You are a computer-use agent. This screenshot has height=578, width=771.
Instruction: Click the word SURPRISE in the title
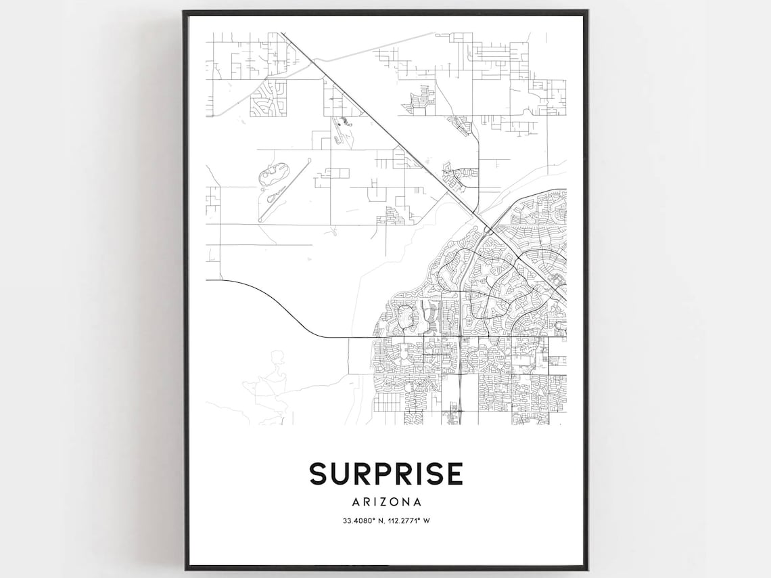pyautogui.click(x=386, y=474)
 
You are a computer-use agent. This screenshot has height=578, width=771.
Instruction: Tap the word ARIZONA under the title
pyautogui.click(x=386, y=502)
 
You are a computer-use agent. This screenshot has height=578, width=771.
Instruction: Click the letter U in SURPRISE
pyautogui.click(x=339, y=474)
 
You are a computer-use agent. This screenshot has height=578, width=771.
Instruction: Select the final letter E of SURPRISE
pyautogui.click(x=454, y=474)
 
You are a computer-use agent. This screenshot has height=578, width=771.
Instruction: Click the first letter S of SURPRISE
pyautogui.click(x=319, y=474)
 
